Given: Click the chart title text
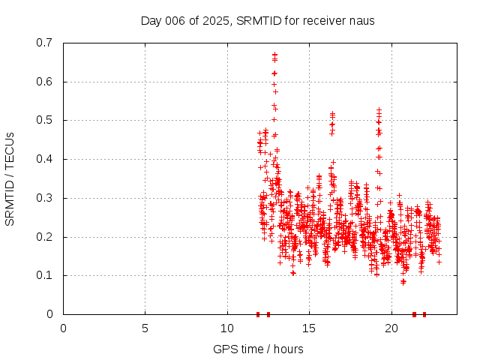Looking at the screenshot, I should pyautogui.click(x=258, y=20).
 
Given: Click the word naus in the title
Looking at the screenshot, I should pyautogui.click(x=361, y=20).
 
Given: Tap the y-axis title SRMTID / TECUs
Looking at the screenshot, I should pyautogui.click(x=10, y=178).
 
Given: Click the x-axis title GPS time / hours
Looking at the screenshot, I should pyautogui.click(x=258, y=349).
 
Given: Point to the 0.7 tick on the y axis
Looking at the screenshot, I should pyautogui.click(x=45, y=43).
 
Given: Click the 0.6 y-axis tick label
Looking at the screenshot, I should pyautogui.click(x=45, y=82).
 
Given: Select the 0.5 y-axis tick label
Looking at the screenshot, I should pyautogui.click(x=45, y=120).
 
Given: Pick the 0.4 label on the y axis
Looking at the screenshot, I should pyautogui.click(x=45, y=159).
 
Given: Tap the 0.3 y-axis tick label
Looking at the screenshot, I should pyautogui.click(x=45, y=198).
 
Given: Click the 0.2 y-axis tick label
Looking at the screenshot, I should pyautogui.click(x=45, y=237).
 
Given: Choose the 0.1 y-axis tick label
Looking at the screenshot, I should pyautogui.click(x=45, y=275).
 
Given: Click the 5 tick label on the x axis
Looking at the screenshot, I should pyautogui.click(x=145, y=328).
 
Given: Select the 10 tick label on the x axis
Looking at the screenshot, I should pyautogui.click(x=227, y=328).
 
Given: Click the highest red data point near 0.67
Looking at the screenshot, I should pyautogui.click(x=274, y=54).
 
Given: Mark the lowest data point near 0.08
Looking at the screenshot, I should pyautogui.click(x=403, y=282).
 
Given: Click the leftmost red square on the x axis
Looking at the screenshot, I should pyautogui.click(x=258, y=314).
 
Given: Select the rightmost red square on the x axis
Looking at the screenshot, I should pyautogui.click(x=424, y=314).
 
